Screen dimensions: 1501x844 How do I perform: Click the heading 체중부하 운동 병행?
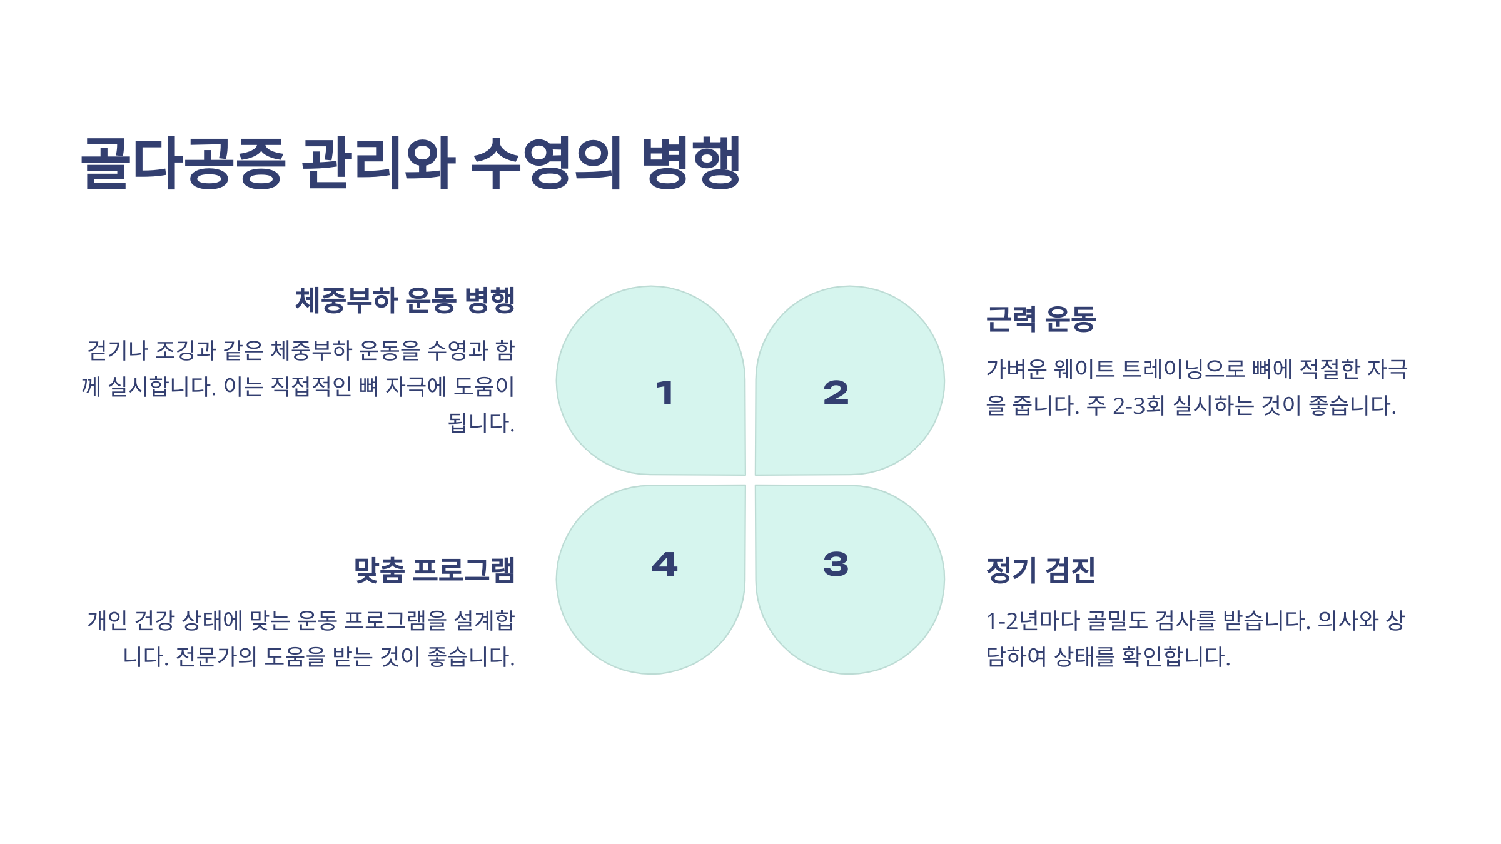pos(405,301)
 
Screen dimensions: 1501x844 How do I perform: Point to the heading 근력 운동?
pos(1041,319)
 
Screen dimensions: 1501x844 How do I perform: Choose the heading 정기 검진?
pos(1041,570)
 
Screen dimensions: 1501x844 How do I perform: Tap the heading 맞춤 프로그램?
pos(434,570)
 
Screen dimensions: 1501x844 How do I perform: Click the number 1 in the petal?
pos(665,393)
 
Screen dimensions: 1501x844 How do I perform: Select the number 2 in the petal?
pos(836,393)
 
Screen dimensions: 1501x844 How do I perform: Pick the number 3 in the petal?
pos(836,564)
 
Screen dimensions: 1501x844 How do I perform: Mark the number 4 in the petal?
pos(665,564)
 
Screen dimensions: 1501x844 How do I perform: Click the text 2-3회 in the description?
pos(1139,406)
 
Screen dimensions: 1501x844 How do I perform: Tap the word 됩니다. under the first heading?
pos(481,423)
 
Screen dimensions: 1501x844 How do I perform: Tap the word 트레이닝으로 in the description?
pos(1184,369)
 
